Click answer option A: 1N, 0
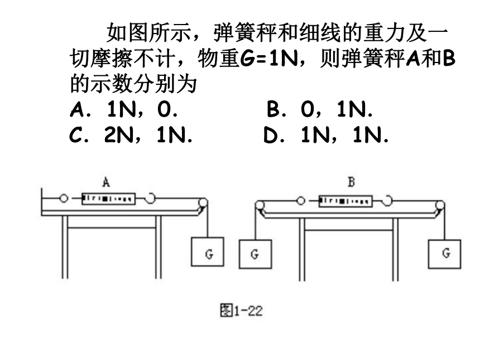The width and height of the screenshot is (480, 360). point(124,109)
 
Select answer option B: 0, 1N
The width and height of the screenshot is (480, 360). point(320,109)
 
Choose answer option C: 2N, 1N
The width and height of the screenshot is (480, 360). point(131,135)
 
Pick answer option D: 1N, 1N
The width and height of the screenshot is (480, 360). point(326,135)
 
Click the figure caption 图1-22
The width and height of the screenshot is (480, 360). point(241,311)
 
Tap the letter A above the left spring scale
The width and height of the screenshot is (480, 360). point(106,183)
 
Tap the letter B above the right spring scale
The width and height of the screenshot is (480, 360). point(352,182)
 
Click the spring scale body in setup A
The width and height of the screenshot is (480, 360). point(108,199)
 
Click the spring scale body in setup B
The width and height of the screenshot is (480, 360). point(345,201)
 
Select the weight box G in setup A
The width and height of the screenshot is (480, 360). point(208,252)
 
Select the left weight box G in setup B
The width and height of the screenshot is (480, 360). point(255,254)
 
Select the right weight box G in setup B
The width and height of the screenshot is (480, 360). point(444,254)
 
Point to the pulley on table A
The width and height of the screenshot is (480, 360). point(203,203)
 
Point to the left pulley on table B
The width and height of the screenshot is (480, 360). point(260,205)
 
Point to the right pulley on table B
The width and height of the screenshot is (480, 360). point(440,205)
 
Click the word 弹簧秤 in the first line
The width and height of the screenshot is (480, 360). point(245,33)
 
